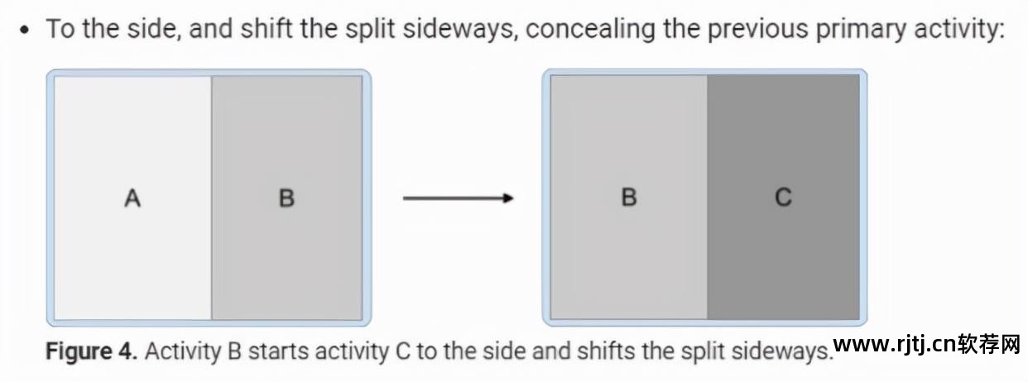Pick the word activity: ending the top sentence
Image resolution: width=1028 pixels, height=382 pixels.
point(955,30)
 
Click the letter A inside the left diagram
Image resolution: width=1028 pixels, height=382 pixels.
point(132,198)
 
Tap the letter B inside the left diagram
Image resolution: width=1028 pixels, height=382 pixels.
point(286,198)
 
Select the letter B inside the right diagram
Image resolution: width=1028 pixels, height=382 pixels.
point(629,198)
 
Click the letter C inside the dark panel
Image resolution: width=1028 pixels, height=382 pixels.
point(783,198)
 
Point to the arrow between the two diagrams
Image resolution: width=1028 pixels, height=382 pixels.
point(458,198)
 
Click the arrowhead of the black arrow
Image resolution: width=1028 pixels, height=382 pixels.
point(507,198)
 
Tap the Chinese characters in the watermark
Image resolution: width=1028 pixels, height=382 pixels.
point(988,343)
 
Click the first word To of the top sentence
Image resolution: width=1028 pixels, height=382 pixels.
point(61,30)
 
